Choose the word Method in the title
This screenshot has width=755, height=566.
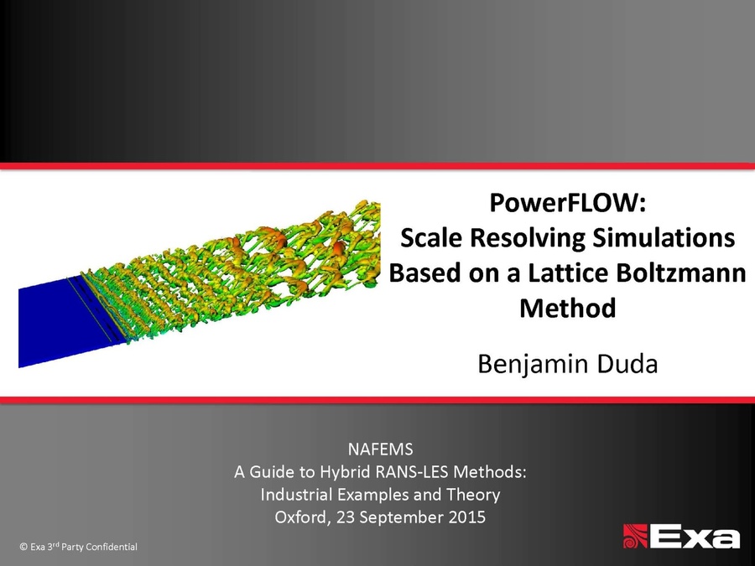point(568,308)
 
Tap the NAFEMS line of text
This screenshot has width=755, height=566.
point(380,449)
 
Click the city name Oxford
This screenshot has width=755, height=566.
point(301,517)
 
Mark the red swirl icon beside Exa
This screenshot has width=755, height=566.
point(636,535)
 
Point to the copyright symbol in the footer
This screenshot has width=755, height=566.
point(23,547)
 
